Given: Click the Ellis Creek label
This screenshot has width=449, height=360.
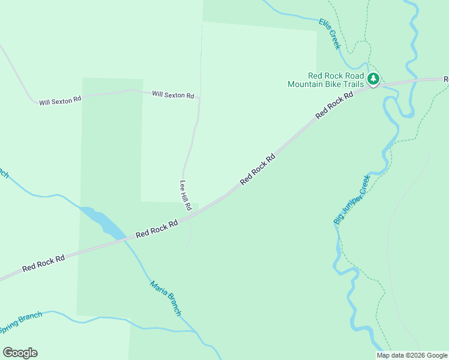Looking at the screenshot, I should point(330,34).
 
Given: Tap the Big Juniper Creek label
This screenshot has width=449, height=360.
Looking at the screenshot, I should point(351,200).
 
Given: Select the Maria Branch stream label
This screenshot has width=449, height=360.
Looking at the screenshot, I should point(165,298).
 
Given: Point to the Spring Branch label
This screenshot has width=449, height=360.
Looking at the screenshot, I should point(20,323).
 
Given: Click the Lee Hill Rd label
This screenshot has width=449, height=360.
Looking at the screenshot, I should point(185,195).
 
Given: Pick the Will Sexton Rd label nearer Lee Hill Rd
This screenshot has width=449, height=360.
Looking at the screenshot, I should point(173,95).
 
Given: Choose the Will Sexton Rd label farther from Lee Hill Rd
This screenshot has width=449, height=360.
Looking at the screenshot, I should point(60,101).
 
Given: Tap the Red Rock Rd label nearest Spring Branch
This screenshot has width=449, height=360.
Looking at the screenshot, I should point(43,263).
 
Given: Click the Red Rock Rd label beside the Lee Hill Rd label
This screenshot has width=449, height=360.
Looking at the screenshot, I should point(157,229).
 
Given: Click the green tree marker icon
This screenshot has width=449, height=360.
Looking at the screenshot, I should point(373,79).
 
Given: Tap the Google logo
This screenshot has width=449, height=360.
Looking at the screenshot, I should point(20,353).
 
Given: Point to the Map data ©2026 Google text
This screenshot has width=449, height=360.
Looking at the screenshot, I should point(412,355).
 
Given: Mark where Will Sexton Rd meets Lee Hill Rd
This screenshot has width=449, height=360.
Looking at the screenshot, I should point(199,97).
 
